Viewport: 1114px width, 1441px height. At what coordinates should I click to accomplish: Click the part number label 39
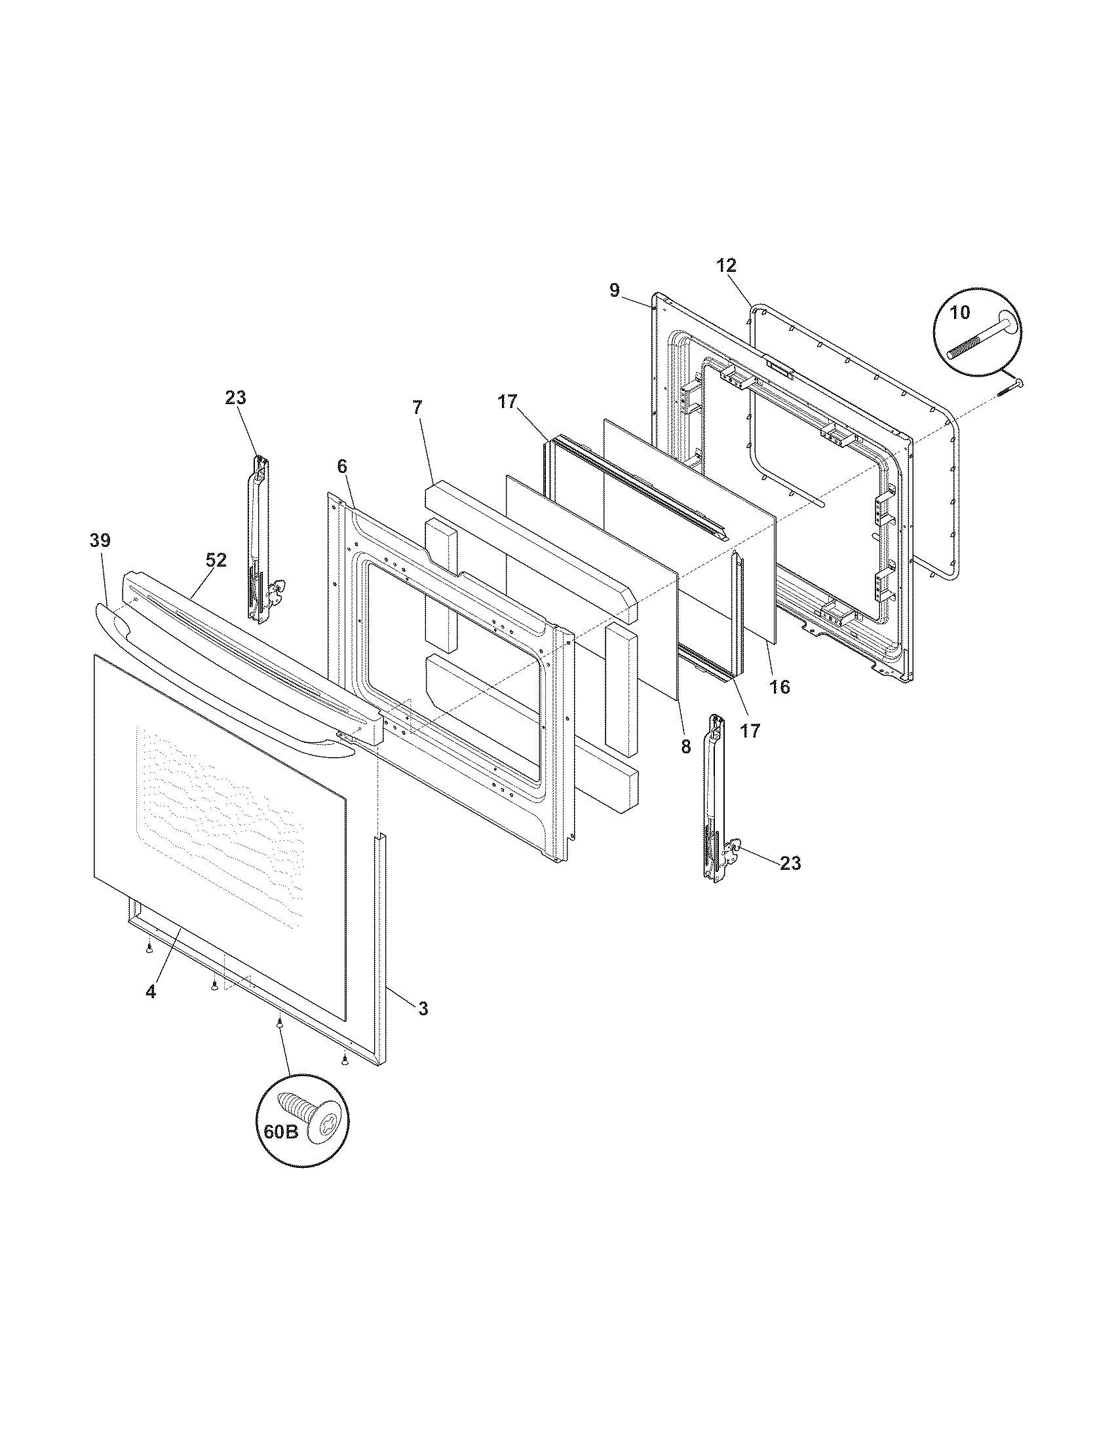pos(100,540)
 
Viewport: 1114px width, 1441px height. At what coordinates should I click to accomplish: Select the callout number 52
pos(216,560)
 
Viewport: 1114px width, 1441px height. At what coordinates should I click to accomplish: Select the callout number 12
pos(726,265)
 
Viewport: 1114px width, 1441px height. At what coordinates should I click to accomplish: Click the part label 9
pos(615,290)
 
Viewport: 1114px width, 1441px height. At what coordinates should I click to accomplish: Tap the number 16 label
pos(779,687)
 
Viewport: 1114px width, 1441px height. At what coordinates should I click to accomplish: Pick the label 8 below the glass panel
pos(685,746)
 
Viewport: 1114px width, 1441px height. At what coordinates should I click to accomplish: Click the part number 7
pos(417,407)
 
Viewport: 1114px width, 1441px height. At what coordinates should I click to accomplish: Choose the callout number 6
pos(341,466)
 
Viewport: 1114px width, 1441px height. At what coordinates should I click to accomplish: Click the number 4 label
pos(151,991)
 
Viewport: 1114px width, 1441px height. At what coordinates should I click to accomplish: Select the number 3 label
pos(423,1008)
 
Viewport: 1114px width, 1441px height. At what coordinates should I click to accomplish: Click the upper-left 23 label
pos(235,398)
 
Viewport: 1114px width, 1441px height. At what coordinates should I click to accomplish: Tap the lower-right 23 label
pos(791,863)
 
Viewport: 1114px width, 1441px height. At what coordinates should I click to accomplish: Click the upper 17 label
pos(507,402)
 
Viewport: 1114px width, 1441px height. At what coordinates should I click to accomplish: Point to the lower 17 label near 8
pos(750,730)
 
